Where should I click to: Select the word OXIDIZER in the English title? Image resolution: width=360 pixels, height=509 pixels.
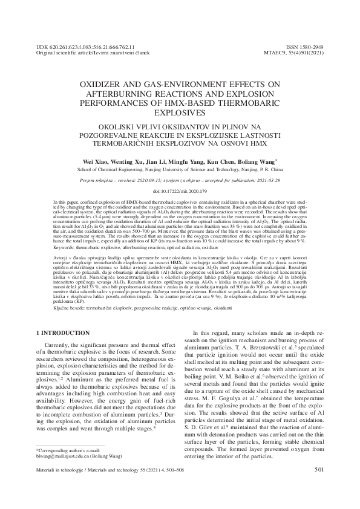[x=105, y=85]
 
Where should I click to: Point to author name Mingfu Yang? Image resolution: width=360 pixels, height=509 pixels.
[x=185, y=162]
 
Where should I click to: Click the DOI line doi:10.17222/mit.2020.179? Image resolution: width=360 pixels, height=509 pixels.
[x=180, y=190]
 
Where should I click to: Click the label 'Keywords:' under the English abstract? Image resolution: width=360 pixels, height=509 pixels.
[x=67, y=248]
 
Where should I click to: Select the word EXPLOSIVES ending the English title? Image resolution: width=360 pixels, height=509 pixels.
[x=180, y=112]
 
